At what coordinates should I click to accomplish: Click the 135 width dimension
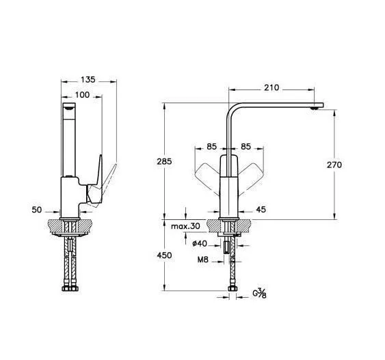(x=88, y=80)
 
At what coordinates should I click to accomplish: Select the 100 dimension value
(x=82, y=95)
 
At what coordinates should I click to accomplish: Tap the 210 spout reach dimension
(x=271, y=87)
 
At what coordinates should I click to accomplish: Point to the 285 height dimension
(x=164, y=162)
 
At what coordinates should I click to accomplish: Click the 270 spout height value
(x=334, y=165)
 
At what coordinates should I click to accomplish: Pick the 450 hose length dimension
(x=164, y=255)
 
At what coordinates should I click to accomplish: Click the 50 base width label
(x=37, y=210)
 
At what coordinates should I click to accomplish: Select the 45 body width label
(x=261, y=210)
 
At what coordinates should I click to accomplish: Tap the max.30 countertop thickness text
(x=185, y=226)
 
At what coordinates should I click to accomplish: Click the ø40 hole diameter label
(x=200, y=243)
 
